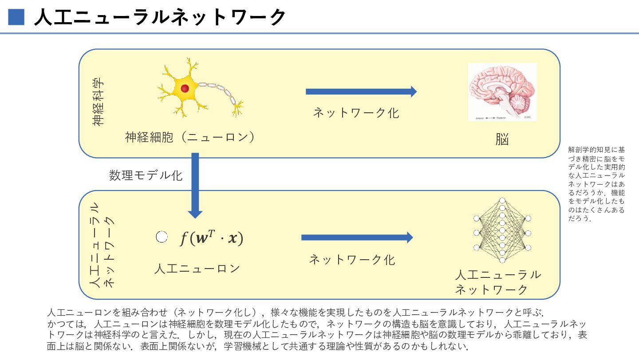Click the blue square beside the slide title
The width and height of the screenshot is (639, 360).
tap(16, 17)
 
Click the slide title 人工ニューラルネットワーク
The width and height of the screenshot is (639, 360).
tap(160, 17)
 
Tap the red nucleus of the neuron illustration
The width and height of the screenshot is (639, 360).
tap(185, 88)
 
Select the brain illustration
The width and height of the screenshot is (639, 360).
tap(502, 92)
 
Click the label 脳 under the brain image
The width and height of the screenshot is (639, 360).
tap(502, 139)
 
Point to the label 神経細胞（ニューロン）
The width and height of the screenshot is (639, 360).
tap(190, 137)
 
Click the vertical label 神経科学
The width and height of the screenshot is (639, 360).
tap(99, 103)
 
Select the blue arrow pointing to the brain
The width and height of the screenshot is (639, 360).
tap(361, 91)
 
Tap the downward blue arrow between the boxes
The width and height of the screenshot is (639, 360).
tap(195, 186)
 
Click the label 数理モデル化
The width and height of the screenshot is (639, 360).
tap(146, 175)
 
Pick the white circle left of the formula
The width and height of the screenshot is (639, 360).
tap(162, 237)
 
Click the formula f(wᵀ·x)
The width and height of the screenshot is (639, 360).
tap(211, 238)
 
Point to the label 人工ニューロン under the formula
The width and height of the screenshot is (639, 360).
tap(197, 269)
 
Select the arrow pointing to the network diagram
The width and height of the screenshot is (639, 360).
tap(357, 237)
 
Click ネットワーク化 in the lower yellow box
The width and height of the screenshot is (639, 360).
tap(352, 260)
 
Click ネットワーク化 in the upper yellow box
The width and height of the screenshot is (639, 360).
tap(356, 113)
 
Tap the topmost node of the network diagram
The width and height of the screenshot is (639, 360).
tap(502, 201)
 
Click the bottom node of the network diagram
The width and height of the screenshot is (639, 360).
tap(502, 260)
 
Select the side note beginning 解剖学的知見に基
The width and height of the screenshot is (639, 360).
tap(596, 184)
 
